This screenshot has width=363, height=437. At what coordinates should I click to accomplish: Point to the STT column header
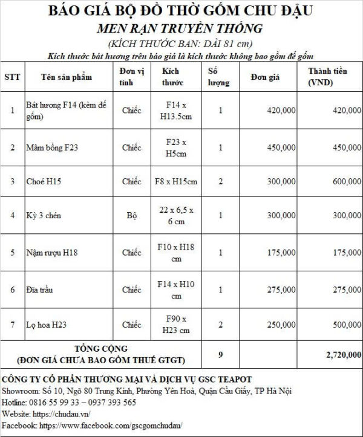[x=12, y=77]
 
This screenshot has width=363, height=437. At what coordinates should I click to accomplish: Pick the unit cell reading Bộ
[x=131, y=215]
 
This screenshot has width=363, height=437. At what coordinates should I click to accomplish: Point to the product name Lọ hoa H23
[x=47, y=325]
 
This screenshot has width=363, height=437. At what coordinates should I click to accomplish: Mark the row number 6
[x=13, y=290]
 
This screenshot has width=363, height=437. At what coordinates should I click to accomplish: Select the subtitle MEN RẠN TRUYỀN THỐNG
[x=181, y=28]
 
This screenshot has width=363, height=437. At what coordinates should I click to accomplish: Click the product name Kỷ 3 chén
[x=44, y=216]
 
